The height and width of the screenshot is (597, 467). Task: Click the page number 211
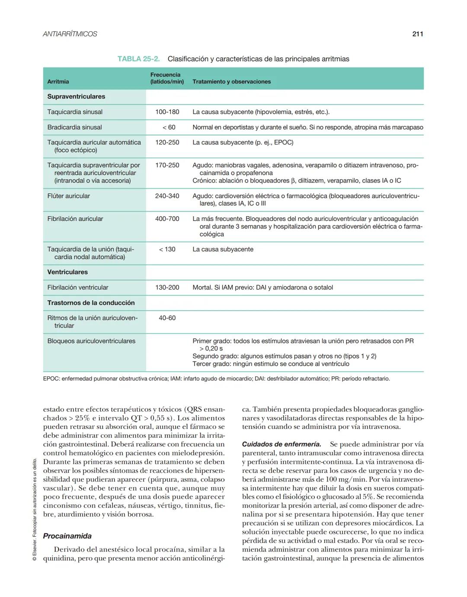point(417,34)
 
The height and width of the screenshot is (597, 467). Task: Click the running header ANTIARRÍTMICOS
point(70,34)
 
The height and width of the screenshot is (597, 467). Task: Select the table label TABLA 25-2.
point(138,59)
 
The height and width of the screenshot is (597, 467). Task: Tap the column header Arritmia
point(58,82)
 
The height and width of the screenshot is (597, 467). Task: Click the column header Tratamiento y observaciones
point(231,82)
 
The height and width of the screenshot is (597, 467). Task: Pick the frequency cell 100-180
point(167,112)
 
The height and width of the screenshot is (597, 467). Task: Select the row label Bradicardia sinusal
point(74,127)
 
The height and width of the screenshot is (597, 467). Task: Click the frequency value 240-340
point(167,196)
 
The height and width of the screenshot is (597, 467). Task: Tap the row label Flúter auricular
point(68,196)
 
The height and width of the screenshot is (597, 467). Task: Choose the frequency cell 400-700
point(167,219)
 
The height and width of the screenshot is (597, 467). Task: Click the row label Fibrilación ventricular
point(78,287)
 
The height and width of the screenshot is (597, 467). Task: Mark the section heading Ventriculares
point(67,272)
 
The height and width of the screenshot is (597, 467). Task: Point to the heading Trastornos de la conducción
point(91,303)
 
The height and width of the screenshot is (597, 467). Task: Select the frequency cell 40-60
point(167,318)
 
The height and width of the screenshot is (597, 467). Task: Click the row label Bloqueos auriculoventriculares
point(91,341)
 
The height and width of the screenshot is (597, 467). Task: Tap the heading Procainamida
point(67,536)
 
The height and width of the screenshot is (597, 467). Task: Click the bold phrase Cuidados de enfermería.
point(281,444)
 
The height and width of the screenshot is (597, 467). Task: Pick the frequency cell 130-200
point(167,287)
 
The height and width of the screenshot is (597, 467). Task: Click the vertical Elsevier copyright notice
point(35,510)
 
